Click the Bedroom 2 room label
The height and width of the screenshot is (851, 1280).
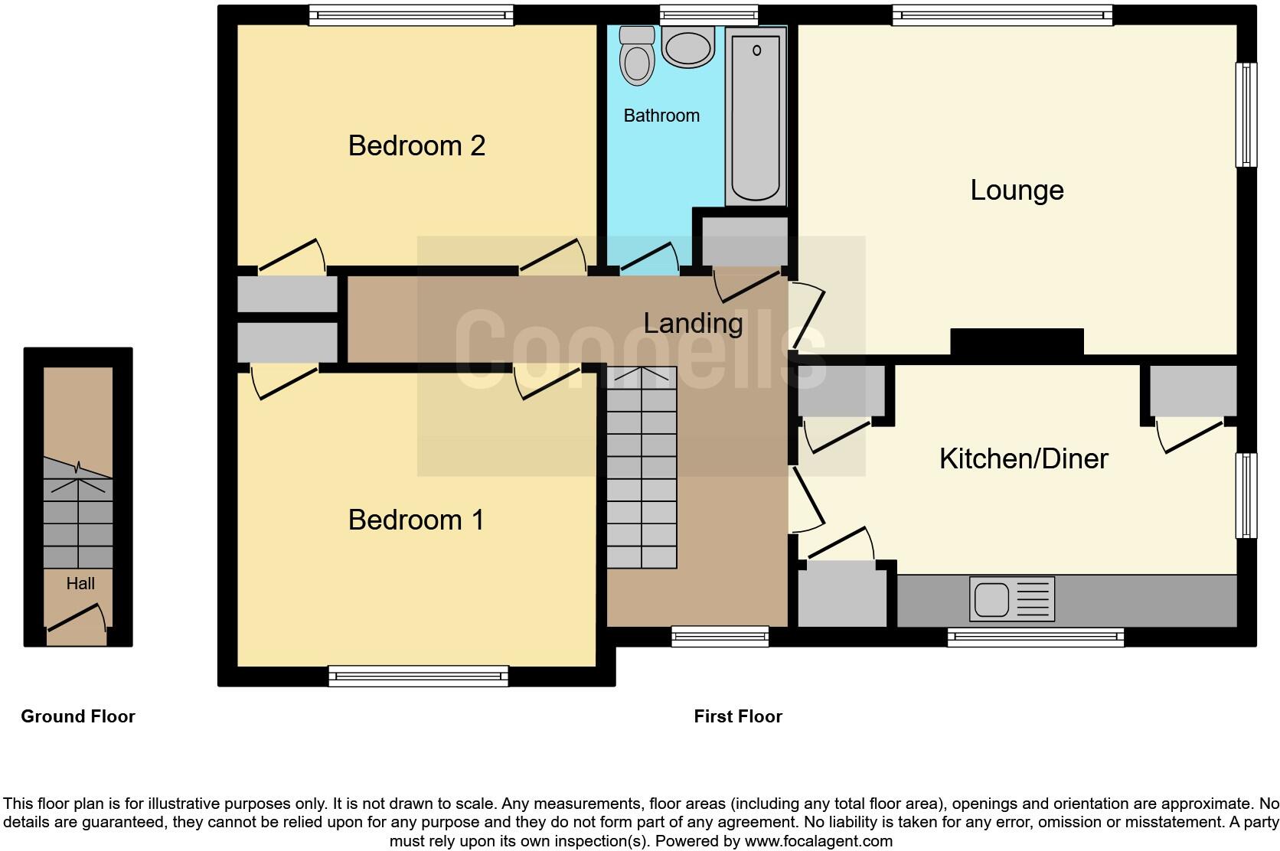(416, 145)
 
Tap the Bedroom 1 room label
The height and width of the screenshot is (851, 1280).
(416, 520)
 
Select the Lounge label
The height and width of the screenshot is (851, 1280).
(1017, 190)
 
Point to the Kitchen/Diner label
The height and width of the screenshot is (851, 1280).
(1024, 458)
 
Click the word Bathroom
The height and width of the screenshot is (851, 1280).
(661, 116)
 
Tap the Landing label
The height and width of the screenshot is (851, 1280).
(693, 323)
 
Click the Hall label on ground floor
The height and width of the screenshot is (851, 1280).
(80, 584)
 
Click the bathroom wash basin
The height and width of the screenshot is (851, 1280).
(688, 47)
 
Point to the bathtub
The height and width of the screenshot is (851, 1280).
(756, 115)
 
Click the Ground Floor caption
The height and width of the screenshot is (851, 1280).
(78, 716)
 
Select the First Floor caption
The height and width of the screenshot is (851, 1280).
(738, 716)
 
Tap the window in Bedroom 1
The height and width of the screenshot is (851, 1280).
(418, 675)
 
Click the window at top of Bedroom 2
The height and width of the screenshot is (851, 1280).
(411, 15)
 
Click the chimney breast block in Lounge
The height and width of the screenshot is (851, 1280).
(1017, 341)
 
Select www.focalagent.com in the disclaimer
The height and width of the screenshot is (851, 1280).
(818, 841)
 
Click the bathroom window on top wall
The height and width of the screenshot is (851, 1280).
(709, 15)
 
